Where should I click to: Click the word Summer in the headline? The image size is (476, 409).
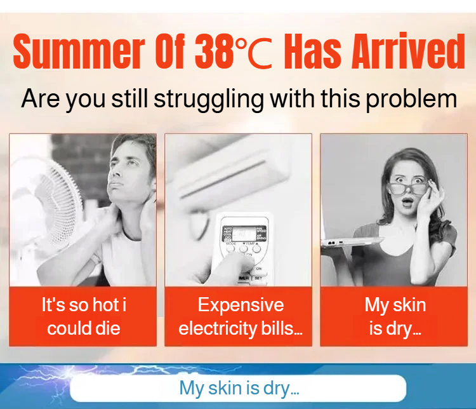tap(78, 51)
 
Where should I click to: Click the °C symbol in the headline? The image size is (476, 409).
tap(255, 51)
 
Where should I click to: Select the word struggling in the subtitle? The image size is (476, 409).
tap(209, 99)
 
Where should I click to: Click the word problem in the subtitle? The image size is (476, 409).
tap(411, 98)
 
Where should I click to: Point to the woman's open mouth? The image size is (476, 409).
tap(407, 202)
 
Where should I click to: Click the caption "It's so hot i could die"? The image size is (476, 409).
tap(84, 317)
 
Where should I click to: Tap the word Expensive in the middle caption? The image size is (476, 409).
tap(241, 305)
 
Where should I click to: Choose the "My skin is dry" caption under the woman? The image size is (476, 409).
tap(395, 317)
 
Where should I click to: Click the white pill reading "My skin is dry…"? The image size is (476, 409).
tap(238, 388)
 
